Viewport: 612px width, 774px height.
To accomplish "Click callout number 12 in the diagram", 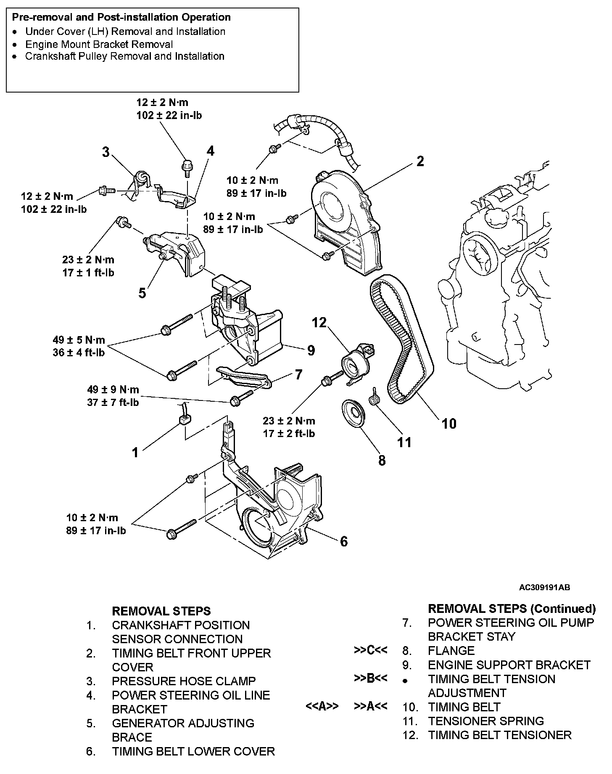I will coord(319,323).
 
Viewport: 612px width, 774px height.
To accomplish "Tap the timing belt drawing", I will coord(401,337).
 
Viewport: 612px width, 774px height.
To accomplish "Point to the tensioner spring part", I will coord(374,397).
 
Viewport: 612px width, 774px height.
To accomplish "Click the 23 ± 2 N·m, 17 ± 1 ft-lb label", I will coord(88,266).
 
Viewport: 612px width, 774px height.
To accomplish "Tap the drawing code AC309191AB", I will coord(544,587).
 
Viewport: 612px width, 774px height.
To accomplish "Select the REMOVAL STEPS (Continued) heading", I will coord(512,608).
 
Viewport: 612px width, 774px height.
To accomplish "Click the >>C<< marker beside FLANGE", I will coord(370,650).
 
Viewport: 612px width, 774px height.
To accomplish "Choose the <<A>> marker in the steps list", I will coord(322,706).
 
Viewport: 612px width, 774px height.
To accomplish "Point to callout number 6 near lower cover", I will coord(343,541).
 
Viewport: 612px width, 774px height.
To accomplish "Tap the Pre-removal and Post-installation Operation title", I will coord(121,18).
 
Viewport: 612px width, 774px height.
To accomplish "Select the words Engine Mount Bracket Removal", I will coord(99,44).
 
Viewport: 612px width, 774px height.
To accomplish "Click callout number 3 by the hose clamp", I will coord(106,152).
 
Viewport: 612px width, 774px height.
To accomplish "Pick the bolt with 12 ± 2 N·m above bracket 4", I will coord(186,166).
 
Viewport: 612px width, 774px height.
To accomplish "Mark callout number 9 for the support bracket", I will coord(311,350).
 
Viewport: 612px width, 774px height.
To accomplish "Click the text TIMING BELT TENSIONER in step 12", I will coord(500,735).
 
